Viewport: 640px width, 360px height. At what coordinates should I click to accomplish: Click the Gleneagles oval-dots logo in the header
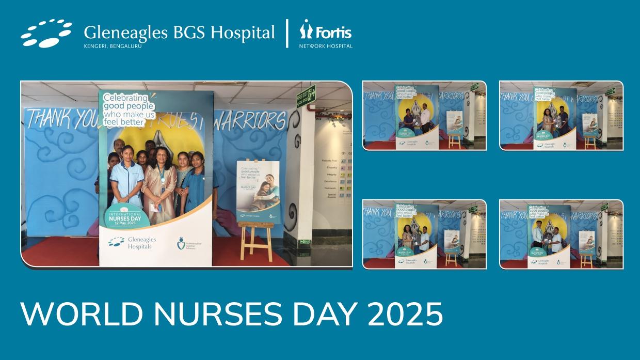[46, 34]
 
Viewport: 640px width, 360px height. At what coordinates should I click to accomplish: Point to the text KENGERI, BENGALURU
[113, 46]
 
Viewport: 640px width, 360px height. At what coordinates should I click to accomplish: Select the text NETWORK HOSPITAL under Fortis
[326, 46]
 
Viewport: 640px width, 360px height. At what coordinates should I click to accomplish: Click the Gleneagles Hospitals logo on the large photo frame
[132, 243]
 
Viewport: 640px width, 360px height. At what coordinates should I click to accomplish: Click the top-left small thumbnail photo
[424, 115]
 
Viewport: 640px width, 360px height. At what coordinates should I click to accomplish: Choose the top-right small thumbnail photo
[561, 115]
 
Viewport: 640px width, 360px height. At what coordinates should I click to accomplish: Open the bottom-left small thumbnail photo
[424, 234]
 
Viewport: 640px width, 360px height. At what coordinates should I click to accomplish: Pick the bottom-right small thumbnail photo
[561, 234]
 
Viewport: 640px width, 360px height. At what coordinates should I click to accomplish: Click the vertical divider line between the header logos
[287, 34]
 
